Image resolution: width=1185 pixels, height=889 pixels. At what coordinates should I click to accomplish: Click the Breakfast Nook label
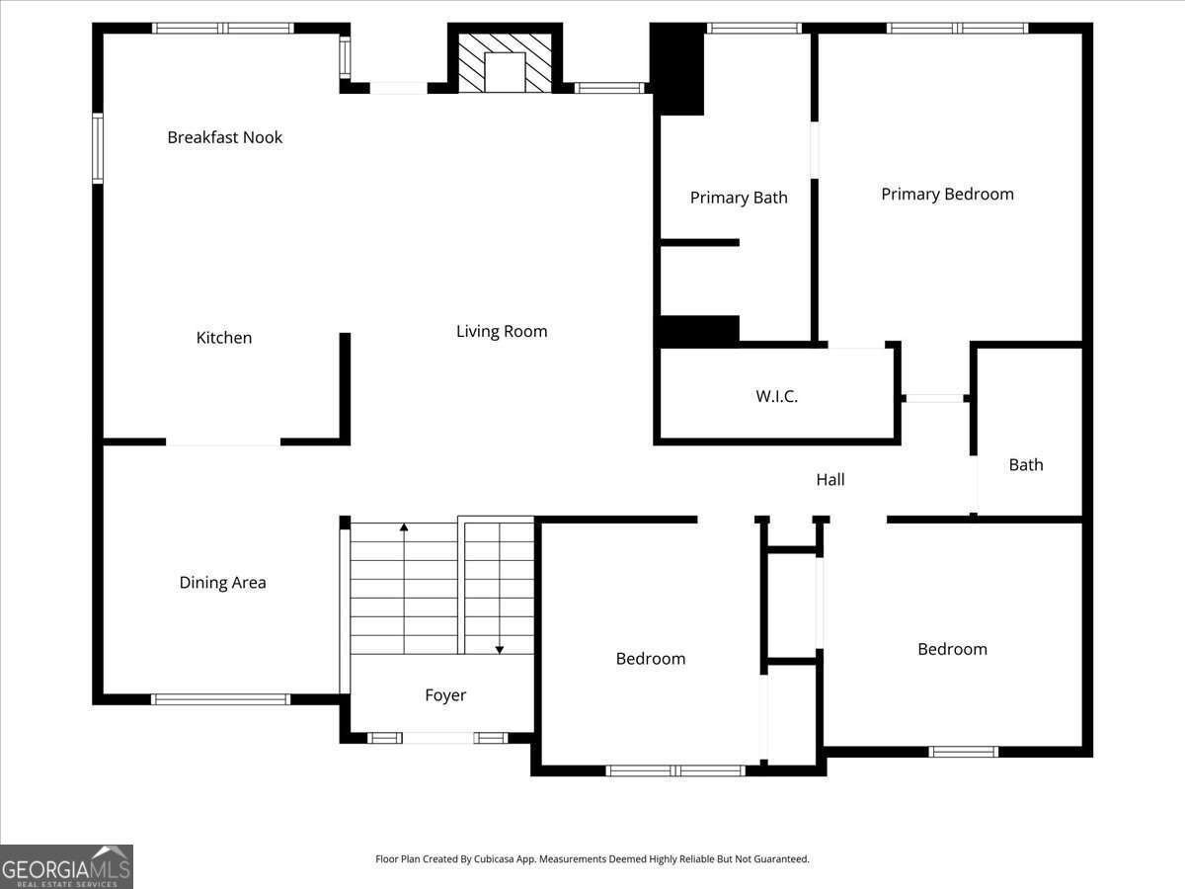click(x=224, y=137)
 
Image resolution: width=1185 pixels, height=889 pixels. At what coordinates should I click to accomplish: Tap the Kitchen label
click(x=224, y=338)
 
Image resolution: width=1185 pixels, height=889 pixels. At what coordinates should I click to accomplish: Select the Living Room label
click(x=502, y=331)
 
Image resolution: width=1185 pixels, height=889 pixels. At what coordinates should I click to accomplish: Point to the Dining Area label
click(x=222, y=583)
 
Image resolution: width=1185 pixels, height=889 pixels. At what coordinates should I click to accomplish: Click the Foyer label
click(x=445, y=695)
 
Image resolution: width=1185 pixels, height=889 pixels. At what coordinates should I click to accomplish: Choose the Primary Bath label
click(x=739, y=198)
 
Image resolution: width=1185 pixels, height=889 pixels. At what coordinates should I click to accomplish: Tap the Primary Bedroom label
click(x=947, y=195)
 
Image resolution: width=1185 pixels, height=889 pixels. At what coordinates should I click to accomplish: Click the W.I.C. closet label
click(x=776, y=396)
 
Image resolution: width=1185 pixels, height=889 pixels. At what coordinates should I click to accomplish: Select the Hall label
click(x=830, y=479)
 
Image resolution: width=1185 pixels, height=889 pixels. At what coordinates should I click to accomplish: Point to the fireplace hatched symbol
click(x=505, y=62)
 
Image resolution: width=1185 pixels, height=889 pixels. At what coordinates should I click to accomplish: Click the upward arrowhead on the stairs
click(x=404, y=527)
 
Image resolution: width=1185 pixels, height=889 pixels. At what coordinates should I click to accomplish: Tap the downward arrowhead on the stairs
click(x=500, y=650)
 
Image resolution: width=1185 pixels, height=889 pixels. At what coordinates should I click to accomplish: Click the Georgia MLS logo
click(x=66, y=866)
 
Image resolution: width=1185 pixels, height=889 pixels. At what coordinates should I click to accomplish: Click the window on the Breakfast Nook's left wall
click(x=98, y=148)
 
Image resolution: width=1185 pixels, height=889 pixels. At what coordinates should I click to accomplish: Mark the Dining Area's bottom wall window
click(x=220, y=699)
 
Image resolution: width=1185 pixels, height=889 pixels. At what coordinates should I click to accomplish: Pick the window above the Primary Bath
click(x=754, y=28)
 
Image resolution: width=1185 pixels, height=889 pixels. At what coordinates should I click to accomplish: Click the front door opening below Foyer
click(x=437, y=738)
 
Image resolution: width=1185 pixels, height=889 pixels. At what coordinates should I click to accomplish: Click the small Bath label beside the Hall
click(x=1026, y=464)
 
